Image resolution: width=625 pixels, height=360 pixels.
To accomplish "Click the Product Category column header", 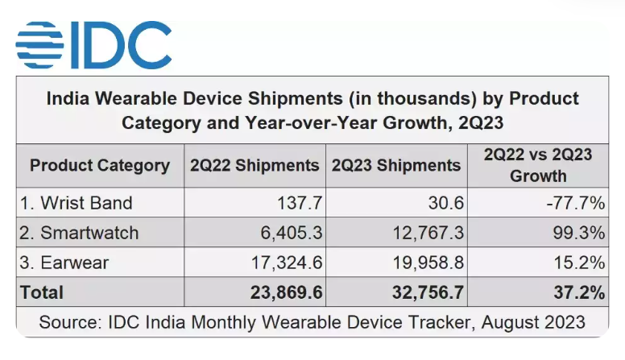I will tap(100, 165).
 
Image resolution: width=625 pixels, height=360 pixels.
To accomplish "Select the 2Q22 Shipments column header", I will tap(255, 165).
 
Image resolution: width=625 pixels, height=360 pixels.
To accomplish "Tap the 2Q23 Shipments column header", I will tap(396, 165).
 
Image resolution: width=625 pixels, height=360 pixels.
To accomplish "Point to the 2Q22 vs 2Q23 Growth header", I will tap(538, 165).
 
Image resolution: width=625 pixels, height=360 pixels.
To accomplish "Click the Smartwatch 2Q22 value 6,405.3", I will tap(291, 233).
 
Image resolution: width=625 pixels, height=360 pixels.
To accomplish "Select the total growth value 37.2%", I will tap(580, 292).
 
